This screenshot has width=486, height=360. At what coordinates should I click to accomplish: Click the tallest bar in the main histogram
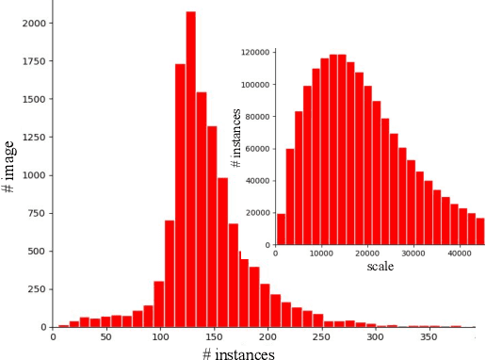pos(191,170)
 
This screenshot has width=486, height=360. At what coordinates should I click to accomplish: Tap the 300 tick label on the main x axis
pos(375,336)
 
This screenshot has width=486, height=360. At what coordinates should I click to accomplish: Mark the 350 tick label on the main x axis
pos(429,336)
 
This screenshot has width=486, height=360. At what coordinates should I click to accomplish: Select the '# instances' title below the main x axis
pos(239,353)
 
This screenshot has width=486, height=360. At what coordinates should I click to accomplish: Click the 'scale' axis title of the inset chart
pos(380,267)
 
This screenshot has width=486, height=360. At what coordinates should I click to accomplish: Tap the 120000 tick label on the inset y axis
pos(254,53)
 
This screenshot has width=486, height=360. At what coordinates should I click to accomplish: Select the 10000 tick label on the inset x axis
pos(321,254)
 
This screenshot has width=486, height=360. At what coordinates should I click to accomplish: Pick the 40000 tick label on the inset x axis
pos(460,254)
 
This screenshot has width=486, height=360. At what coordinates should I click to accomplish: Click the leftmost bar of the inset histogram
pos(281,230)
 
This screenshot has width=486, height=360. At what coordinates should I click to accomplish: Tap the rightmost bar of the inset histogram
pos(479,232)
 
